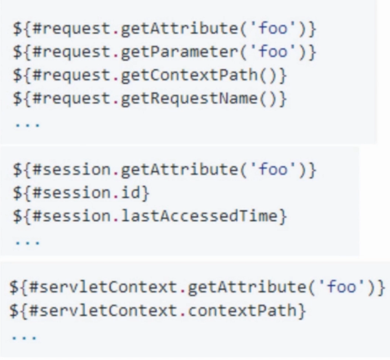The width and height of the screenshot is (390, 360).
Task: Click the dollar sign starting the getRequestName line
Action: click(17, 99)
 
